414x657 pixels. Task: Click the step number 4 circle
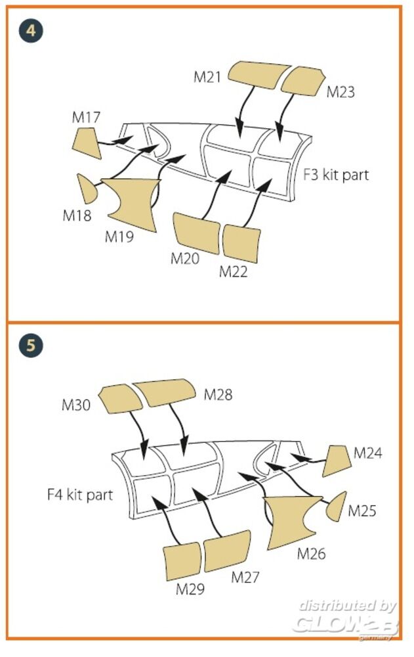coord(31,31)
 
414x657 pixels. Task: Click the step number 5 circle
coord(31,346)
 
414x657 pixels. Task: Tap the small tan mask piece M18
coord(86,189)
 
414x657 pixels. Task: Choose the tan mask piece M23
coord(303,81)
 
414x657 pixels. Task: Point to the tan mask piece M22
coord(241,244)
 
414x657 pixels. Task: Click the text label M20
coord(184,258)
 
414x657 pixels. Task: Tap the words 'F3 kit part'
coord(336,174)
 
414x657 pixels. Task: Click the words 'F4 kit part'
coord(80,495)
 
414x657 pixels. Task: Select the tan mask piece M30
coord(120,399)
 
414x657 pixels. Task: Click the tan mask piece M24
coord(337,461)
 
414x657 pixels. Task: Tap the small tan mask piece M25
coord(337,507)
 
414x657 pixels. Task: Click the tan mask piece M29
coord(182,562)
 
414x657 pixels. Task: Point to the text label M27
coord(245,578)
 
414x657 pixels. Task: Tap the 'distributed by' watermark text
coord(347,606)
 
